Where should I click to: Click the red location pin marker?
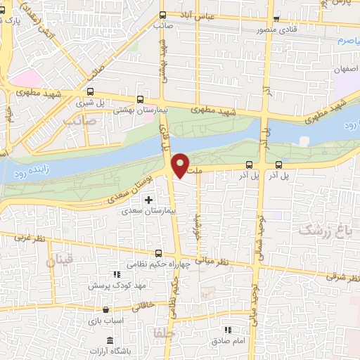181,165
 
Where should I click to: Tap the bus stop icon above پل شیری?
90,91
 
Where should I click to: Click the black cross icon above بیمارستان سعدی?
148,200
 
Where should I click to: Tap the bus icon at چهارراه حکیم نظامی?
157,253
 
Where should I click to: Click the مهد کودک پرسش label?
112,285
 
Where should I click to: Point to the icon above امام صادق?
226,329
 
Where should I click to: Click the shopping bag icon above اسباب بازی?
105,309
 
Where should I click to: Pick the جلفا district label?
159,330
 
